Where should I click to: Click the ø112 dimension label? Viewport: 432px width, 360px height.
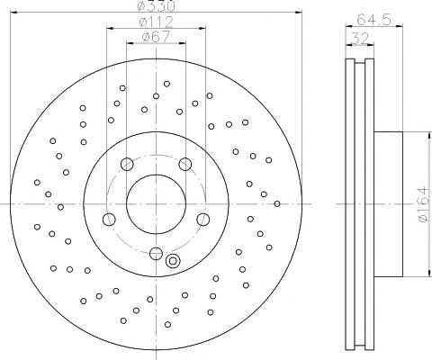[x=157, y=22]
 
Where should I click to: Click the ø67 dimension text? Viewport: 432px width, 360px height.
[x=156, y=37]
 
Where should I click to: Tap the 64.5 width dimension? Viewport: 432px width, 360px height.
[x=374, y=20]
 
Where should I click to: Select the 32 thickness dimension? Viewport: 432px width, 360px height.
[x=360, y=39]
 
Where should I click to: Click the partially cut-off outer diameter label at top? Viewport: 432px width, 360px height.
[x=156, y=5]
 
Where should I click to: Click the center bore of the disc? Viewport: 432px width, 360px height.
[x=156, y=204]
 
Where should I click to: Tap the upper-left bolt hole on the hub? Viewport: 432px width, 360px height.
[x=127, y=164]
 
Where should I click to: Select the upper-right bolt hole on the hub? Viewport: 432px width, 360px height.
[x=185, y=164]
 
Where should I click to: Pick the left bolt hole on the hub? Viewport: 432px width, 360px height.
[x=109, y=220]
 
